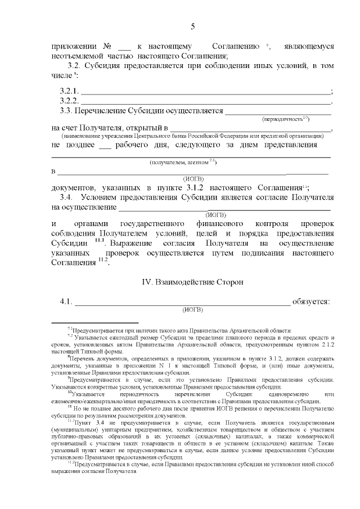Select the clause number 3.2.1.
(x=70, y=91)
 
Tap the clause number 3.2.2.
(x=70, y=101)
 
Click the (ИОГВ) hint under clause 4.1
(x=192, y=309)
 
